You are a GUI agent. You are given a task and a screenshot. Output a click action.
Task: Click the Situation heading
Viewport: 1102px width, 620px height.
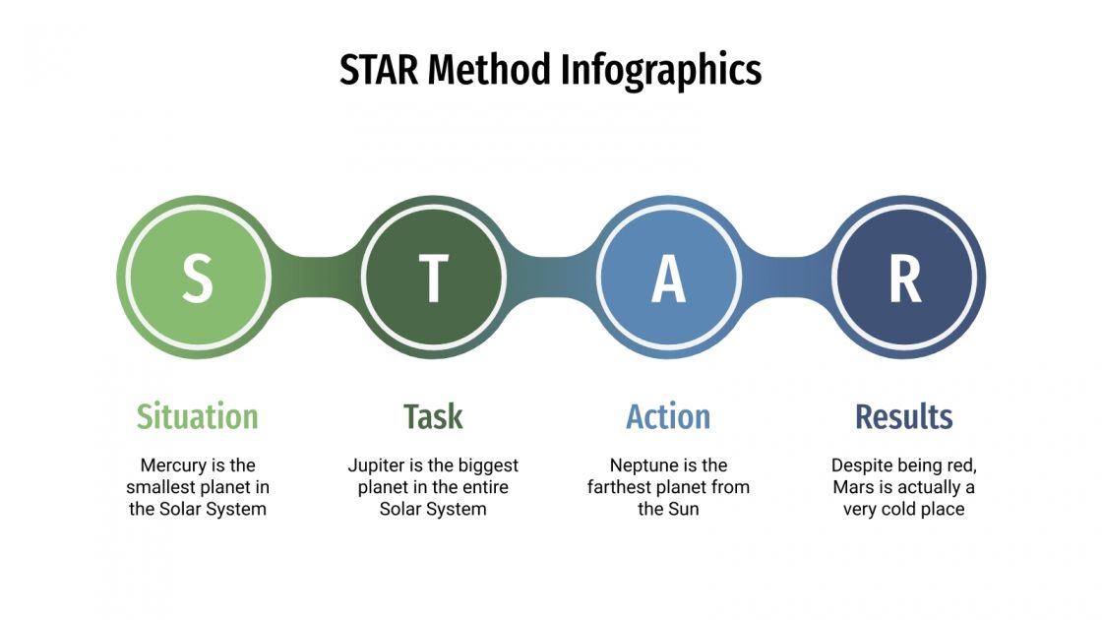tap(197, 417)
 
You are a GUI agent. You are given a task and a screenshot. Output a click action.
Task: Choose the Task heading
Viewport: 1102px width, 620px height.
tap(433, 417)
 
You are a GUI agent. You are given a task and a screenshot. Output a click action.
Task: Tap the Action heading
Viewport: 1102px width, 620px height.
tap(668, 417)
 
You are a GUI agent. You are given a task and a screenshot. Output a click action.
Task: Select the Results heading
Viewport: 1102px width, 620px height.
tap(904, 417)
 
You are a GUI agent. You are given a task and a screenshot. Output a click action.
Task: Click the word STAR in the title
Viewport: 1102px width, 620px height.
tap(380, 71)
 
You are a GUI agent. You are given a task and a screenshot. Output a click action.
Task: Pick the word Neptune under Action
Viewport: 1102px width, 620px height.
tap(641, 465)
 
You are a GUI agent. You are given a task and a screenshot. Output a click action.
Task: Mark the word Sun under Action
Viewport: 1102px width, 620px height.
tap(684, 510)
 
